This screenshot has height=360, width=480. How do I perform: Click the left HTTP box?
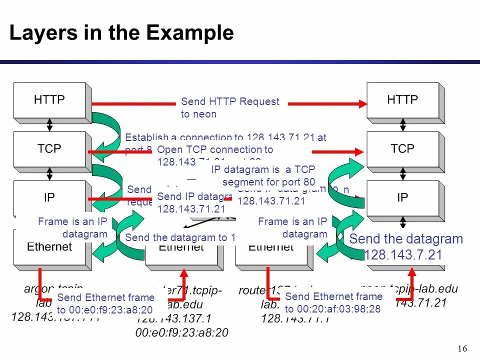coord(49,100)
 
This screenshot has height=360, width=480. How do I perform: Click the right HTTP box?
coord(402,100)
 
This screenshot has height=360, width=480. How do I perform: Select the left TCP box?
coord(49,148)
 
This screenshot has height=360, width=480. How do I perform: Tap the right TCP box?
coord(402,148)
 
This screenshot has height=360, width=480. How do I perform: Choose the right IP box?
coord(402,197)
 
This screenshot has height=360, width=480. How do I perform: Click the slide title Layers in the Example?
coord(121,33)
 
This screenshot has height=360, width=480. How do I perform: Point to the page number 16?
coord(462,348)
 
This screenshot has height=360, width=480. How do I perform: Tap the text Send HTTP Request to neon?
coord(230,108)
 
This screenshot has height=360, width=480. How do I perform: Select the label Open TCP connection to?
coord(215,150)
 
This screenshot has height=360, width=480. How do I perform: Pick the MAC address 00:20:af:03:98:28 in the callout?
coord(333,309)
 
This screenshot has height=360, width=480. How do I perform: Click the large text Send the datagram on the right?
coord(406,239)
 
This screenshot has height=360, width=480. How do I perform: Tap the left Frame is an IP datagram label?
coord(72,227)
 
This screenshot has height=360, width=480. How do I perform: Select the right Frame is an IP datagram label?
coord(292,227)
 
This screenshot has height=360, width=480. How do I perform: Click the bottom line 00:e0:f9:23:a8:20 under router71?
coord(182,333)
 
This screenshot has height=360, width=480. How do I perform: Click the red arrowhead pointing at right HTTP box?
coord(362,103)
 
